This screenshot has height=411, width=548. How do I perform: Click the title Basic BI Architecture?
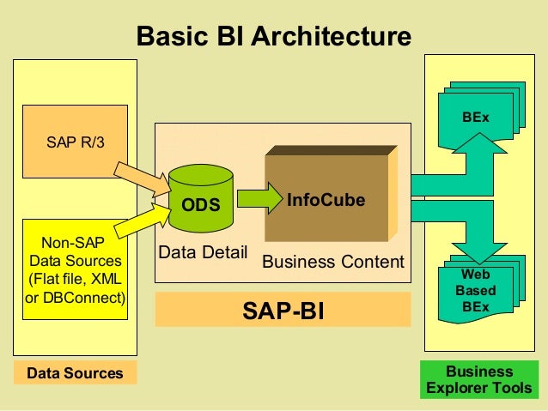point(274,37)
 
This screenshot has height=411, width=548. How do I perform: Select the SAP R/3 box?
point(75,142)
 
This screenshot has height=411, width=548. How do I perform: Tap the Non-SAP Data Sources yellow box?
point(75,267)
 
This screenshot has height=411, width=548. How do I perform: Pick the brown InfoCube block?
point(326,200)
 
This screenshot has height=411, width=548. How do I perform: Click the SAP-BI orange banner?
point(283,310)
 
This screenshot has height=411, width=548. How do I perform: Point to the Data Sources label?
point(75,373)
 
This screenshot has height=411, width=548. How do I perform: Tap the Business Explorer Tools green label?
point(478,380)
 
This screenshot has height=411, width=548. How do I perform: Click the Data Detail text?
point(203,253)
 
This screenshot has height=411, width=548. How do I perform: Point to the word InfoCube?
point(326,200)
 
